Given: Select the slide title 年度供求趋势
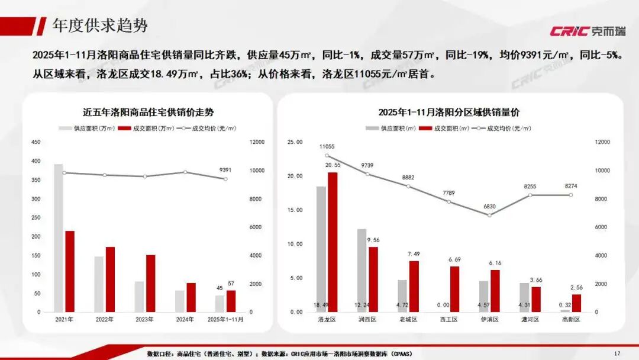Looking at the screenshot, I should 100,25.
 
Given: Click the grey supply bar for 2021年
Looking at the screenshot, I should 59,237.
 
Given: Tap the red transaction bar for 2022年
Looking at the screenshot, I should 110,279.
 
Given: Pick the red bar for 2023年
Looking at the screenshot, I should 150,283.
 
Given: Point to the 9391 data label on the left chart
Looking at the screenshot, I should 225,169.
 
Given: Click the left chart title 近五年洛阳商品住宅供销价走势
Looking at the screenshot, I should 148,111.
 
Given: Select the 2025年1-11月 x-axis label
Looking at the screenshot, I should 225,319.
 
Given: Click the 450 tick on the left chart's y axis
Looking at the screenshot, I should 36,142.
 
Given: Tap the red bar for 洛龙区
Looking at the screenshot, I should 333,242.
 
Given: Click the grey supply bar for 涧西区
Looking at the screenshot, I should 362,270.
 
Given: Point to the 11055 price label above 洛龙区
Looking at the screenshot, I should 327,147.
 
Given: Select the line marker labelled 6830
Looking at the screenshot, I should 489,215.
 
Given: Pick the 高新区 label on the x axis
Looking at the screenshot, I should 571,319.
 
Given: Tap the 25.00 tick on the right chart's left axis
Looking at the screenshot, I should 295,142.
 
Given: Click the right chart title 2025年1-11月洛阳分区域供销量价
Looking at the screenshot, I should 449,112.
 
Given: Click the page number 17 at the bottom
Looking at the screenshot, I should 617,353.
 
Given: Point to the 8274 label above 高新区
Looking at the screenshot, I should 571,187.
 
